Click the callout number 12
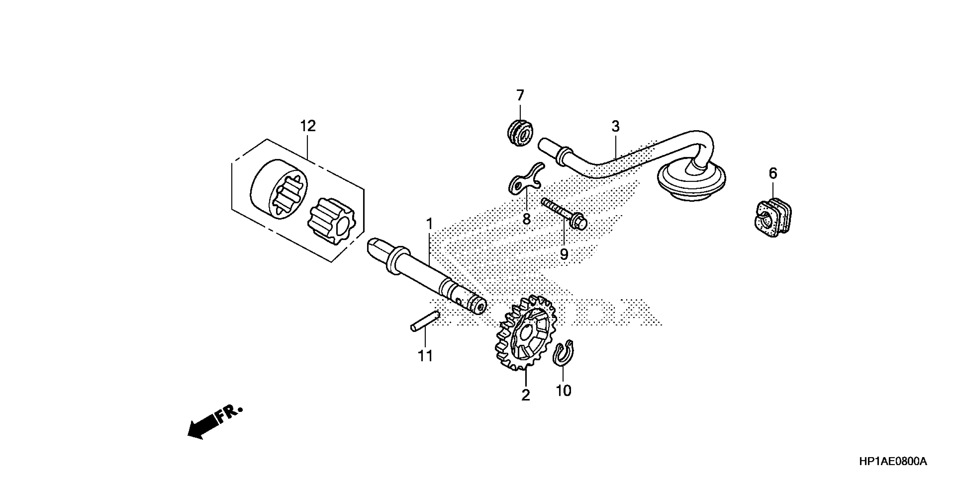[x=308, y=126]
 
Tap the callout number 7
[x=520, y=96]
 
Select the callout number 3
[x=615, y=127]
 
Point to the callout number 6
[x=773, y=173]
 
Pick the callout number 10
[x=563, y=390]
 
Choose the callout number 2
[x=526, y=396]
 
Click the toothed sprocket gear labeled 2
[x=525, y=333]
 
